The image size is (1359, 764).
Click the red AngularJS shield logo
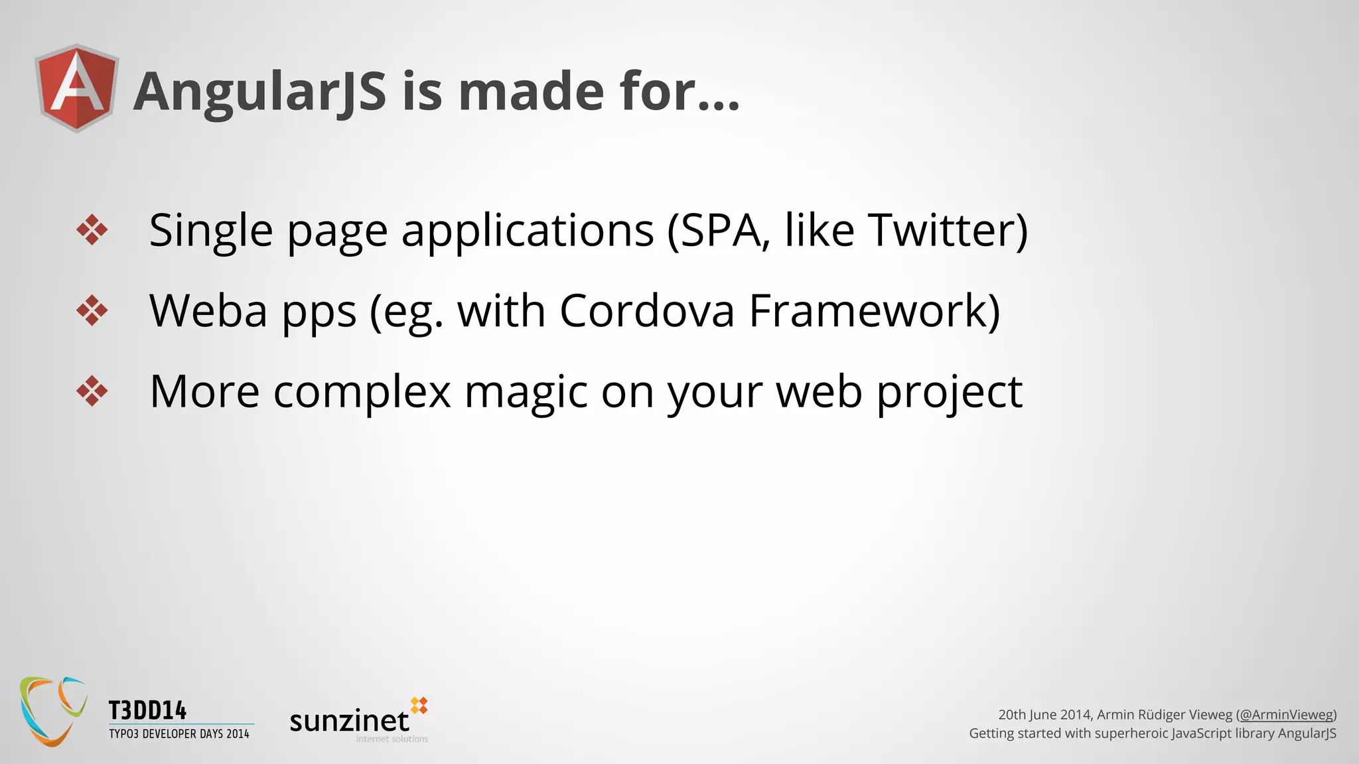coord(77,88)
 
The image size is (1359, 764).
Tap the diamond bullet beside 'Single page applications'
coord(92,230)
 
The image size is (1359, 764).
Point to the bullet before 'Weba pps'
coord(92,310)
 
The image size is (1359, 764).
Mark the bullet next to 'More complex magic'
coord(92,391)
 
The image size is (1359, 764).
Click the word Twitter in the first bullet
coord(942,230)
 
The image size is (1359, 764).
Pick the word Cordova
coord(647,310)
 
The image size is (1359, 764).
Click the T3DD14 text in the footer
coord(147,711)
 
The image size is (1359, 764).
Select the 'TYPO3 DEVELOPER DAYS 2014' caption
coord(179,734)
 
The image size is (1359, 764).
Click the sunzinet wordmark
coord(349,721)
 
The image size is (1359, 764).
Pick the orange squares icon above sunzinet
coord(419,706)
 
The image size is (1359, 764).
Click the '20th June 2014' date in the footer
coord(1044,715)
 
